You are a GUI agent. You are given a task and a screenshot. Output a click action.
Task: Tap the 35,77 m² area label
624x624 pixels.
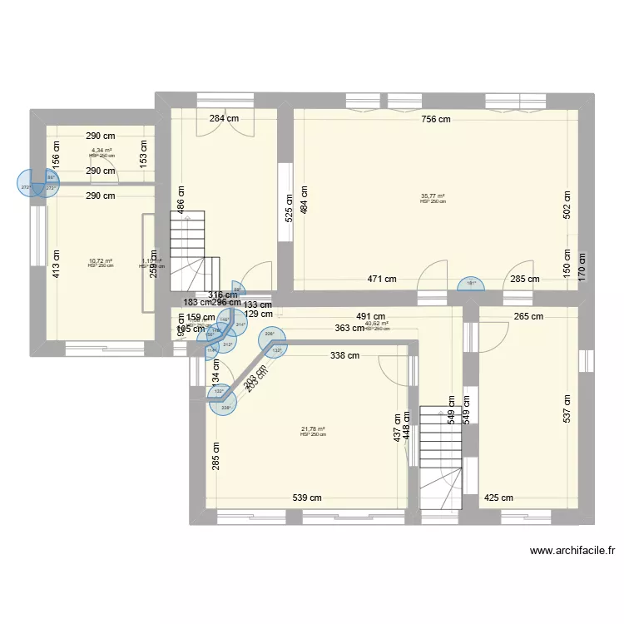click(433, 197)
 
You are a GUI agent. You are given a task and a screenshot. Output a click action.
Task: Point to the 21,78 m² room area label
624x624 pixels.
click(313, 430)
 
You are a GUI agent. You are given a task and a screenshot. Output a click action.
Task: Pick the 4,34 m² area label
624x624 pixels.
click(102, 151)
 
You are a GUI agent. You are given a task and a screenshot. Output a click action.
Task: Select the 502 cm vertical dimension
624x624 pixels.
click(567, 206)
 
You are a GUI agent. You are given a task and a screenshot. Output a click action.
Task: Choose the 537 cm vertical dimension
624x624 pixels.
click(567, 408)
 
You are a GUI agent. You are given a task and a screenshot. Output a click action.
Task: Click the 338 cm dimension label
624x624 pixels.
click(344, 356)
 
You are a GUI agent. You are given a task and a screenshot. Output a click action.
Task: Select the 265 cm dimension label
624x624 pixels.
click(527, 316)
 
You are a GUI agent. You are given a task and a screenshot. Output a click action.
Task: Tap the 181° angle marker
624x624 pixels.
click(472, 283)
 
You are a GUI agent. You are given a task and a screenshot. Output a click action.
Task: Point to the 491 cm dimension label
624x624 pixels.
click(370, 316)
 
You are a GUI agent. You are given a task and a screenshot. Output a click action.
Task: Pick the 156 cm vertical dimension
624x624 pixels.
click(56, 154)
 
